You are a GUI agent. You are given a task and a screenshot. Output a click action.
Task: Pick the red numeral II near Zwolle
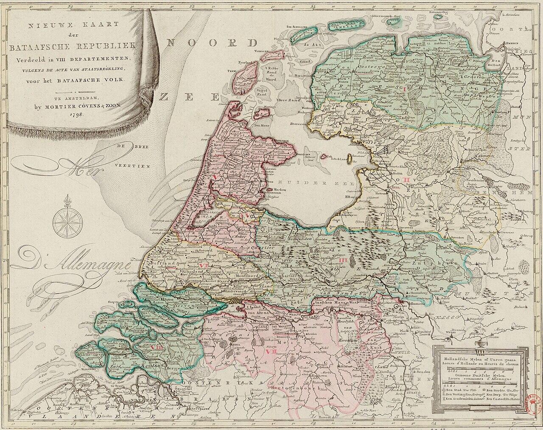coord(406,181)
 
